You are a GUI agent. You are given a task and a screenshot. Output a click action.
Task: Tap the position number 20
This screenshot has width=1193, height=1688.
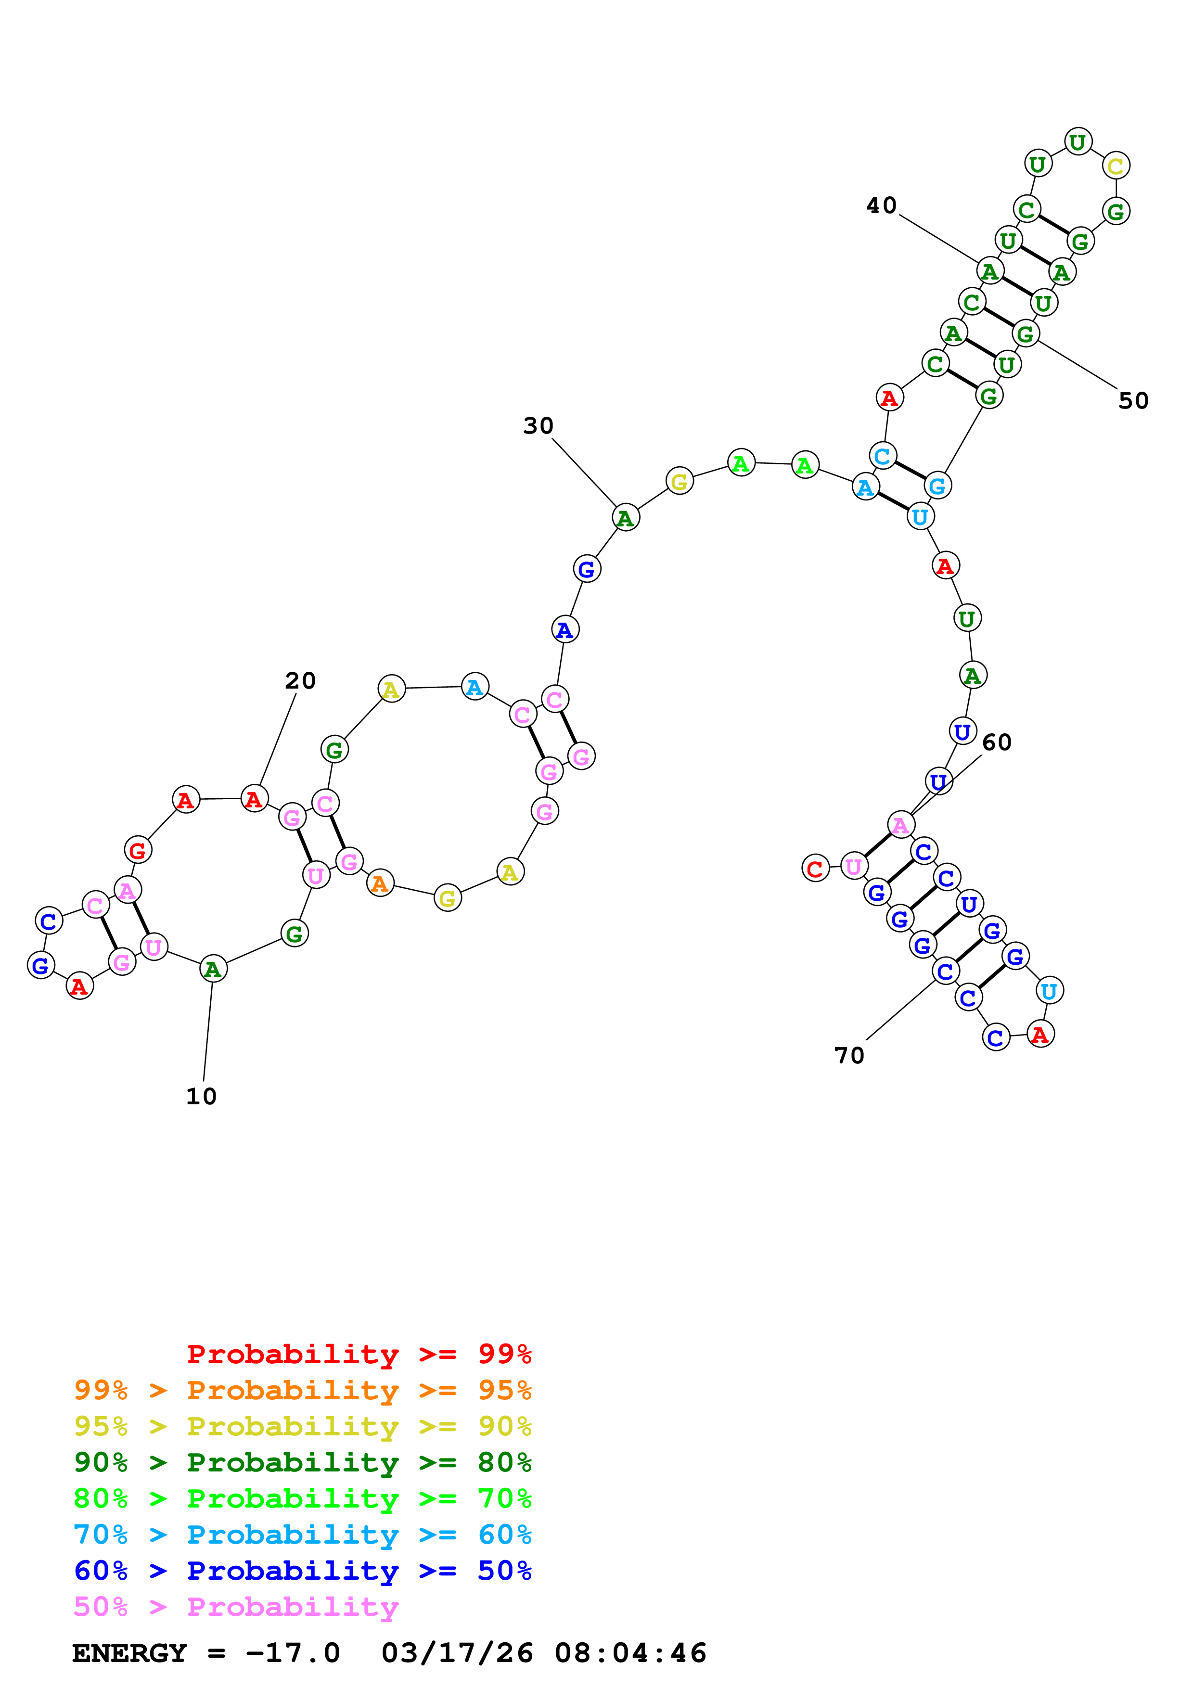[x=300, y=681]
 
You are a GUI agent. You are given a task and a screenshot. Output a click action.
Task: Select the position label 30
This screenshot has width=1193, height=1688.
[x=538, y=426]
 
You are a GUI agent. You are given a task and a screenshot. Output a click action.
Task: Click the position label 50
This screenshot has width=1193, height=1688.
[x=1133, y=401]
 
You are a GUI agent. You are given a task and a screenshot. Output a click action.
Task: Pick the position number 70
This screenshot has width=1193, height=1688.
[x=849, y=1056]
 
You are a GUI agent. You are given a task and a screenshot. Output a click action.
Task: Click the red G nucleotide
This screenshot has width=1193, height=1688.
[x=138, y=851]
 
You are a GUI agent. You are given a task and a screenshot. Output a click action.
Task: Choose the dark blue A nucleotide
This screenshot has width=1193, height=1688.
[x=564, y=629]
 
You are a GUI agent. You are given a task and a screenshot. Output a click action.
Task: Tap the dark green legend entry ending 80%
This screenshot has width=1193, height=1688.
[x=302, y=1462]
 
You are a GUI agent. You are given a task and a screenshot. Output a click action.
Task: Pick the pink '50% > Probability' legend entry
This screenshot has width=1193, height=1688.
[x=235, y=1607]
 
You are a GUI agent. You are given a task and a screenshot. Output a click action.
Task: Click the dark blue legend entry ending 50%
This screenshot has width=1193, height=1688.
[x=302, y=1571]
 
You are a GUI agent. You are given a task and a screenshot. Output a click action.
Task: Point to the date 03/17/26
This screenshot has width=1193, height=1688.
[x=457, y=1653]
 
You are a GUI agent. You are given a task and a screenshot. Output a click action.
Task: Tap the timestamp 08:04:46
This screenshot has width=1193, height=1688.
[x=630, y=1653]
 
